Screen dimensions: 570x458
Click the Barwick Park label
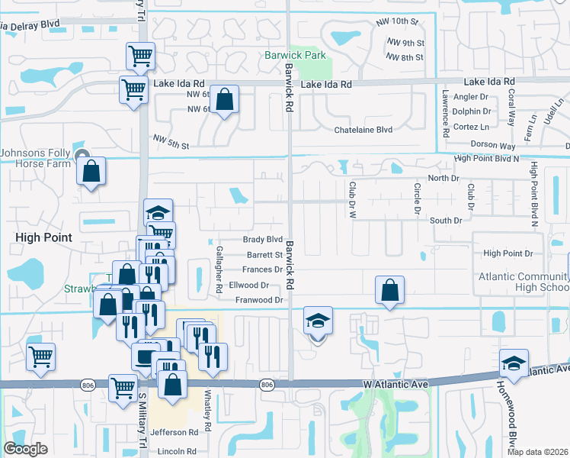tap(295, 55)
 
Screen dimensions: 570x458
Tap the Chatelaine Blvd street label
tap(363, 130)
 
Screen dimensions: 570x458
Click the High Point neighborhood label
tap(44, 237)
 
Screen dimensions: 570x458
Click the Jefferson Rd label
tap(179, 431)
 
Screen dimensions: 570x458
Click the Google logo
tap(25, 448)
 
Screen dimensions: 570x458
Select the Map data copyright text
tap(538, 452)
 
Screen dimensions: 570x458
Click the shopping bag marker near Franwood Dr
tap(389, 290)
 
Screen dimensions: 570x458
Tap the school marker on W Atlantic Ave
tap(514, 363)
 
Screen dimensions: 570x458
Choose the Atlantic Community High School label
tap(523, 282)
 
